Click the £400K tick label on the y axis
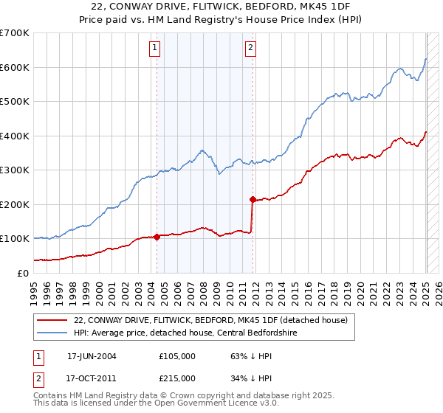[x=15, y=136]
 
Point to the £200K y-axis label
[x=15, y=204]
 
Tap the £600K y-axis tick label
[x=15, y=67]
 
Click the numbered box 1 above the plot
[x=155, y=49]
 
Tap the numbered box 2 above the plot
[x=251, y=49]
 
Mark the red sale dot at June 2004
[x=157, y=237]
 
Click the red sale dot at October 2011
[x=253, y=199]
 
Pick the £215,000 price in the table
[x=177, y=378]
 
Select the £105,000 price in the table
[x=177, y=355]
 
